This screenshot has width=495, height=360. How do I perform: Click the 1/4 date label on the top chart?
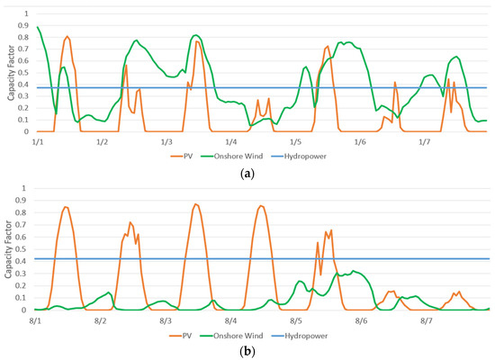[x=230, y=142]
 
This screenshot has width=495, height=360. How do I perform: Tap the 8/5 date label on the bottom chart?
[x=295, y=321]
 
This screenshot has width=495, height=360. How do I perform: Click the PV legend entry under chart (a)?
[x=182, y=156]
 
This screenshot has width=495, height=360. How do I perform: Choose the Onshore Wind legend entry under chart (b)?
[x=231, y=336]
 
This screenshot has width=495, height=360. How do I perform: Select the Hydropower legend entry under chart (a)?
[x=299, y=156]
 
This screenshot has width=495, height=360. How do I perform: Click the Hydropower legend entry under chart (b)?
[x=300, y=336]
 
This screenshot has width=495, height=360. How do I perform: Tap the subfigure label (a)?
[x=247, y=174]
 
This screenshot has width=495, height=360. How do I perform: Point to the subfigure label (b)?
[x=247, y=351]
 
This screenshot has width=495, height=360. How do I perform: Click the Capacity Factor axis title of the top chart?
[x=12, y=73]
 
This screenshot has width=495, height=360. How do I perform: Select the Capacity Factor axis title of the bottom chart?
[x=8, y=249]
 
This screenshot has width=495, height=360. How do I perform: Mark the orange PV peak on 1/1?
[x=67, y=36]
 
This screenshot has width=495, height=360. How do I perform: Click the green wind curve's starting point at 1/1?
[x=38, y=27]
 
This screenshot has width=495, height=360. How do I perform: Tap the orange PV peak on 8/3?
[x=195, y=204]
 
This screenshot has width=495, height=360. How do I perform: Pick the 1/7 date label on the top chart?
[x=424, y=142]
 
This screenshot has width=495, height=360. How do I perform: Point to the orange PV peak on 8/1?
[x=66, y=207]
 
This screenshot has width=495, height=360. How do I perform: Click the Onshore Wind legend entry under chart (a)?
[x=232, y=156]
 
